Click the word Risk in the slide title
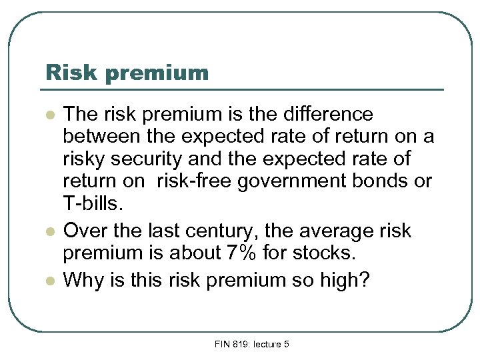pos(66,72)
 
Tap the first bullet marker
pos(49,116)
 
